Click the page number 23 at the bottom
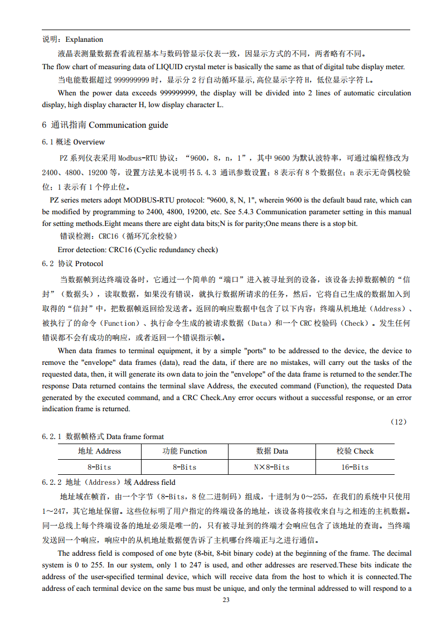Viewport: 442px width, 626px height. [226, 600]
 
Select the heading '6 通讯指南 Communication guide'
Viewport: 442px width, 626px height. [105, 125]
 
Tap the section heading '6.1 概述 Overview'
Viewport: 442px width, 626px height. [73, 142]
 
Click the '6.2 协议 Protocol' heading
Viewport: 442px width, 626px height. [72, 263]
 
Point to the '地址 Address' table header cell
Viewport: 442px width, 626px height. [99, 451]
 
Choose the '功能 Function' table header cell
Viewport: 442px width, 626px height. [184, 451]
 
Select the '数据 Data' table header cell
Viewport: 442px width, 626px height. [272, 451]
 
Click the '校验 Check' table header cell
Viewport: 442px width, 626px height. [355, 451]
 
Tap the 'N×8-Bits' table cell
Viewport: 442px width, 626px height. [271, 467]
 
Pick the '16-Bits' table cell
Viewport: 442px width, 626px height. [355, 467]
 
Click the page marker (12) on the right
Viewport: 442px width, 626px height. [399, 422]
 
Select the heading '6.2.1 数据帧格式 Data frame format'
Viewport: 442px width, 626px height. [103, 436]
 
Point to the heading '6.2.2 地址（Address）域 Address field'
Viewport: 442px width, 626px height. [109, 482]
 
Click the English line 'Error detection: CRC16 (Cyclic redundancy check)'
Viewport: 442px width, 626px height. [138, 250]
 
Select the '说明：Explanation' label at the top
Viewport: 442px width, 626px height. [73, 39]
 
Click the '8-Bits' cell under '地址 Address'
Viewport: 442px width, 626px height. [99, 467]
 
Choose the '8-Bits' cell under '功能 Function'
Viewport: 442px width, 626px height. [184, 467]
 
